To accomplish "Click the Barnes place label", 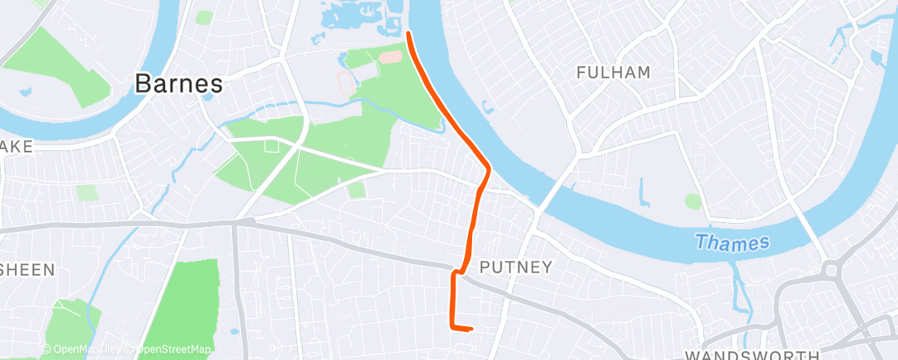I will pyautogui.click(x=178, y=83).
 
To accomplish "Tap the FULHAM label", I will pyautogui.click(x=613, y=73).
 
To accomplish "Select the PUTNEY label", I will pyautogui.click(x=515, y=268).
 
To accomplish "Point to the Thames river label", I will pyautogui.click(x=732, y=243).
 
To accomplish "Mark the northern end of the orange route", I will pyautogui.click(x=409, y=33).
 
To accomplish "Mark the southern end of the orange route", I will pyautogui.click(x=470, y=329).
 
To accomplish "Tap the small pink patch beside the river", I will pyautogui.click(x=391, y=57).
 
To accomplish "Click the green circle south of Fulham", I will pyautogui.click(x=693, y=201).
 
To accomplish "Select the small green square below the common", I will pyautogui.click(x=357, y=190).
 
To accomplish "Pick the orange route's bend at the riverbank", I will pyautogui.click(x=489, y=169).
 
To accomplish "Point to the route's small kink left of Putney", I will pyautogui.click(x=456, y=271).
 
